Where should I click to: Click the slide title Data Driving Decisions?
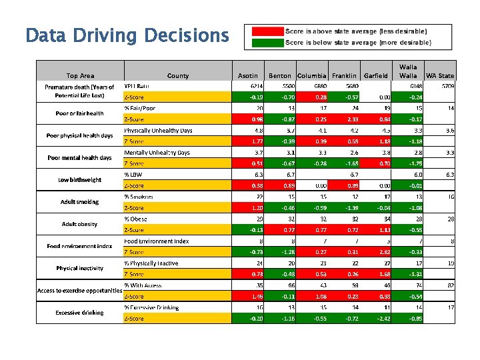coord(127,35)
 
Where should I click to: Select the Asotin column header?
coord(247,75)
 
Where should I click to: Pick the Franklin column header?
coord(344,75)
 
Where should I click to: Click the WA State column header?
coord(440,75)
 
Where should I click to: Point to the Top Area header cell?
coord(80,75)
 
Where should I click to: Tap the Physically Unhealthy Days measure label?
coord(159,131)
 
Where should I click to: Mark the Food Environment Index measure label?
coord(157,241)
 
